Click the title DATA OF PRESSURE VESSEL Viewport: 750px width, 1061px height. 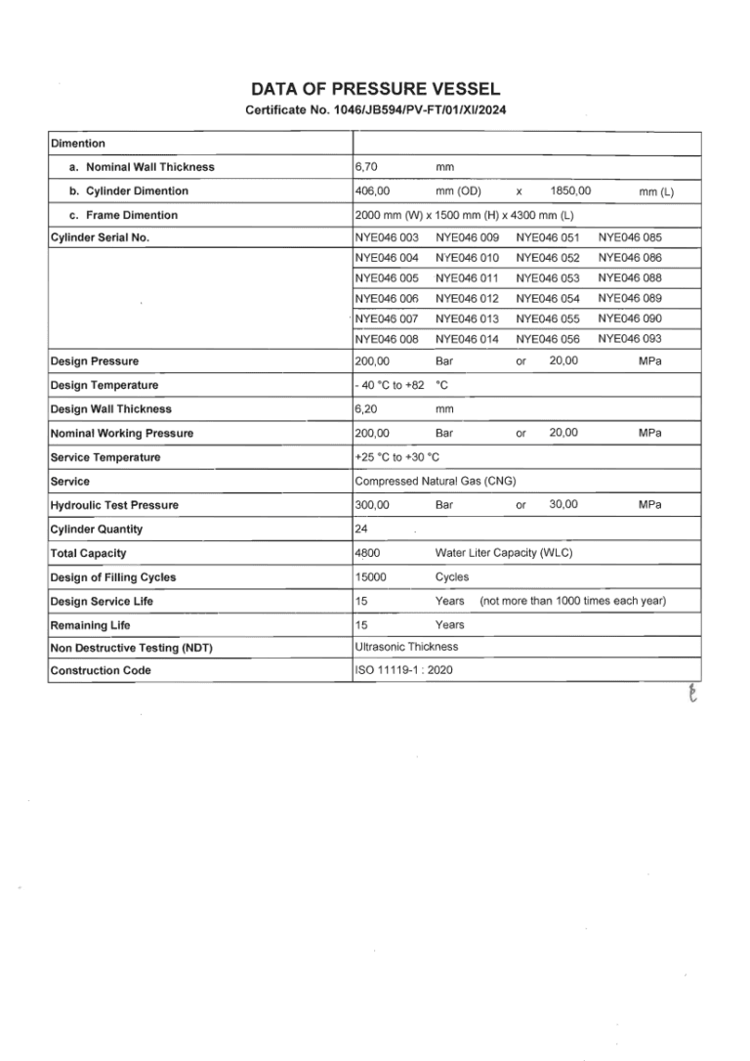(x=375, y=90)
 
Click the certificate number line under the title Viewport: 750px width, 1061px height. (x=375, y=109)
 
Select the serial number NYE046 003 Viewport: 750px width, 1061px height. (x=387, y=237)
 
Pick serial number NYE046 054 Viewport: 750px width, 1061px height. (x=548, y=298)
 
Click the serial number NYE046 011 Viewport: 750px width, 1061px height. (x=467, y=277)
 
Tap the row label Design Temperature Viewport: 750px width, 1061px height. (x=104, y=385)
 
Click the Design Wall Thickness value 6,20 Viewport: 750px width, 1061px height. (x=367, y=409)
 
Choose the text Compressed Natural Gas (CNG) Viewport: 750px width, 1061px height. (x=436, y=481)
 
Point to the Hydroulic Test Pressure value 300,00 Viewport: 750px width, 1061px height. (x=372, y=505)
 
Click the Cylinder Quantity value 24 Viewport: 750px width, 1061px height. (x=361, y=530)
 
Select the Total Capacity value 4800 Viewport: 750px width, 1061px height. (x=367, y=553)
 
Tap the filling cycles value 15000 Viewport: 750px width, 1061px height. (x=370, y=577)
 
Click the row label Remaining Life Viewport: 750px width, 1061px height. (x=90, y=625)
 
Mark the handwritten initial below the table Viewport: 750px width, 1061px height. (x=694, y=694)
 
